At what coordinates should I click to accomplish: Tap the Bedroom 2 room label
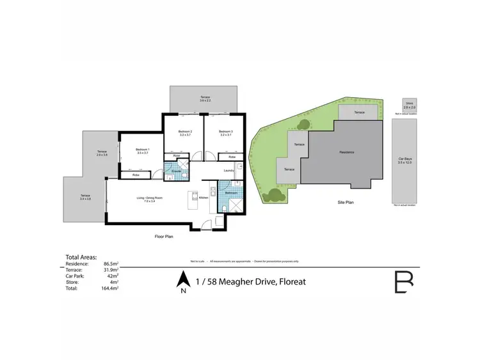pyautogui.click(x=185, y=132)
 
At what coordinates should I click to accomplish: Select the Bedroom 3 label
pyautogui.click(x=225, y=132)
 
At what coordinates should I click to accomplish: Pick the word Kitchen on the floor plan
pyautogui.click(x=204, y=198)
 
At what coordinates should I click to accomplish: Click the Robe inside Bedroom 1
pyautogui.click(x=136, y=175)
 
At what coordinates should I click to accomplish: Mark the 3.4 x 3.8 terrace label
pyautogui.click(x=85, y=198)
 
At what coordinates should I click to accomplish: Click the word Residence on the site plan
pyautogui.click(x=346, y=152)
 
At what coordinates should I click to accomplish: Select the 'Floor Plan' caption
pyautogui.click(x=164, y=236)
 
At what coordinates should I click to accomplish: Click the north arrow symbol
pyautogui.click(x=183, y=279)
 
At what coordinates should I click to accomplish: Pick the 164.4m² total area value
pyautogui.click(x=127, y=288)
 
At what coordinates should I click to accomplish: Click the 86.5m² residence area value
pyautogui.click(x=127, y=263)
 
